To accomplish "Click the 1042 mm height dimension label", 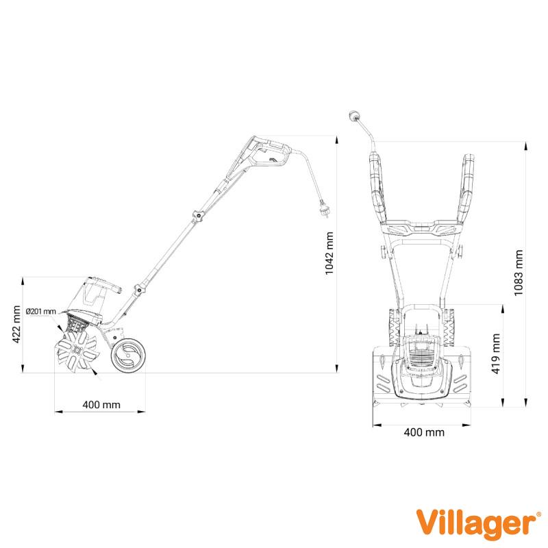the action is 329,253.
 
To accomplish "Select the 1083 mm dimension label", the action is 519,273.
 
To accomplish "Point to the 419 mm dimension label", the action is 496,353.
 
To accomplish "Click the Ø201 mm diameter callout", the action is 41,311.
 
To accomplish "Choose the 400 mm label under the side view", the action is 101,405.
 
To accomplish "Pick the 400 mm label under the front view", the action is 424,432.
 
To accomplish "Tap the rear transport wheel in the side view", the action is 128,355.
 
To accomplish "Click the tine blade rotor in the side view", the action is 77,351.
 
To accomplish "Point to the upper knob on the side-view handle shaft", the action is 198,216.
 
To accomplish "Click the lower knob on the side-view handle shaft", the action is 139,289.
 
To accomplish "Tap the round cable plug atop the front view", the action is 353,116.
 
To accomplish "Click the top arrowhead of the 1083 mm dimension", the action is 525,146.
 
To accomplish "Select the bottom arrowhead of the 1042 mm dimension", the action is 336,369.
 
